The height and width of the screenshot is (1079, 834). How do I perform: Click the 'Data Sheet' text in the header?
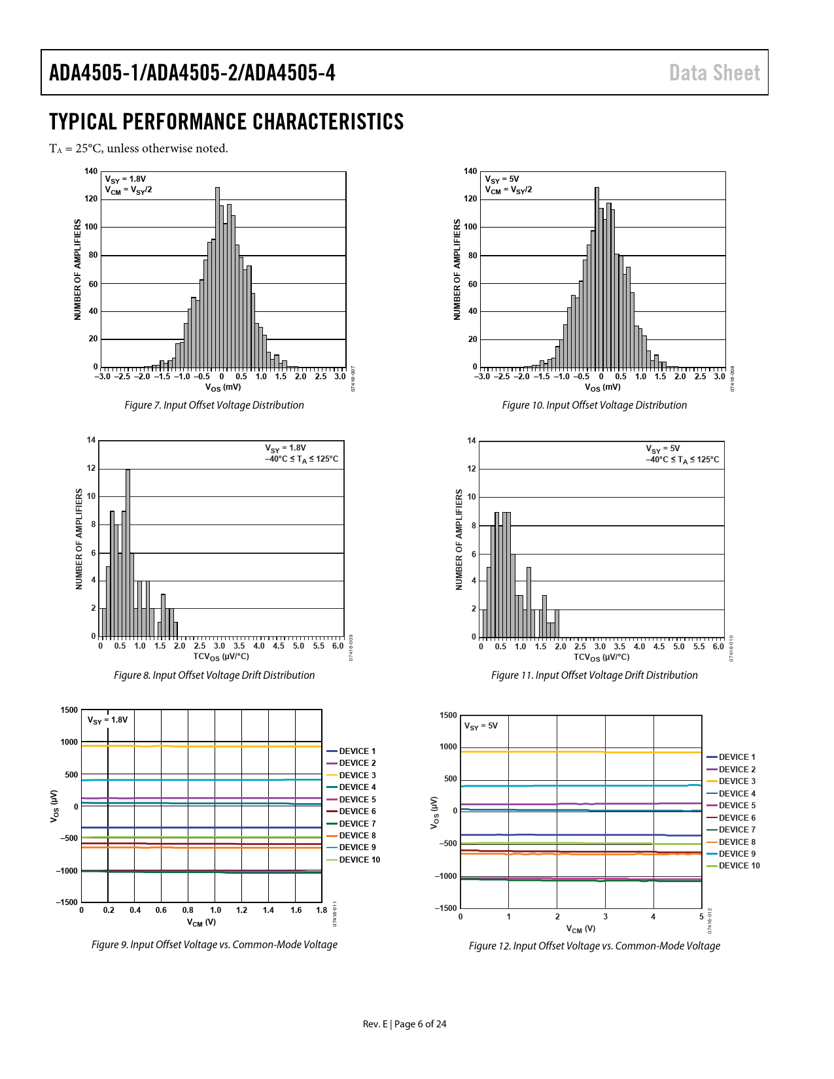point(714,73)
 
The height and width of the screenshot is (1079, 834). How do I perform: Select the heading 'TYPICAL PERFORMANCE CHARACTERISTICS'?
point(226,122)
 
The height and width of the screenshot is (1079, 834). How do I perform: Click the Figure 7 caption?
point(214,405)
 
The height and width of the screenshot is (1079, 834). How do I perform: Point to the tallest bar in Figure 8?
point(128,553)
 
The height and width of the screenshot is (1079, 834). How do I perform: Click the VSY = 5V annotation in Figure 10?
point(502,179)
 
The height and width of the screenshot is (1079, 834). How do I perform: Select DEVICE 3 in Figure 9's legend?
point(357,775)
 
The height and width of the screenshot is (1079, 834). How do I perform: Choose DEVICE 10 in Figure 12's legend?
point(739,866)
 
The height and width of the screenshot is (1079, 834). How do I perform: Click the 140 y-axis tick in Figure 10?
point(470,171)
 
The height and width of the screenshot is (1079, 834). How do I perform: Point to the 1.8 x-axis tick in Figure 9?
point(321,910)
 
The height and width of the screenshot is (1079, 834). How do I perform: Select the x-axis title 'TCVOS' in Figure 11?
point(601,657)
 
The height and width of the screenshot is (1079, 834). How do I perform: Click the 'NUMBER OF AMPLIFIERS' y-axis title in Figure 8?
point(79,539)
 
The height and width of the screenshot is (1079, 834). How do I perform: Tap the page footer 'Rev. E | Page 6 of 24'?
point(404,1024)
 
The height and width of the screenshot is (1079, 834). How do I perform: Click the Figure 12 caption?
point(594,946)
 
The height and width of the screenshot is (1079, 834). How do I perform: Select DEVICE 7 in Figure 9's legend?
point(357,823)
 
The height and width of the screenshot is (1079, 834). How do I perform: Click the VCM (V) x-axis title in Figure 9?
point(201,922)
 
